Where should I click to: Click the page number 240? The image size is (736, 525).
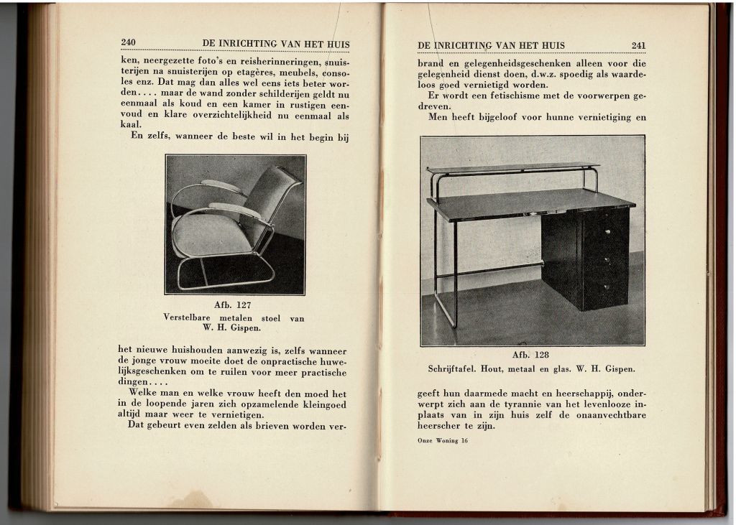pos(129,42)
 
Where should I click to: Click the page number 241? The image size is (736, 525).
pos(638,45)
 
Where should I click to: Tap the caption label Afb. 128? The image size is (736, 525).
pos(530,355)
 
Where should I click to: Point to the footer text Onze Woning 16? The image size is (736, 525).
pos(442,441)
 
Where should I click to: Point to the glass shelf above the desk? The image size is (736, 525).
pos(512,167)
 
